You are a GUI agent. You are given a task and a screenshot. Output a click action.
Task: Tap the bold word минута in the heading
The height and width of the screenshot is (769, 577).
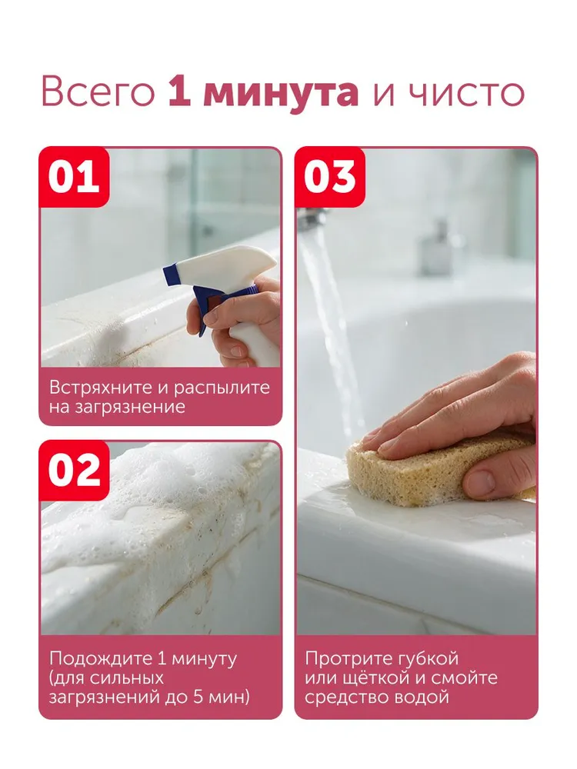pos(281,93)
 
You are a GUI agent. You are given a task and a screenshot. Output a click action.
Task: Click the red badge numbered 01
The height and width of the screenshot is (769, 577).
pos(74,177)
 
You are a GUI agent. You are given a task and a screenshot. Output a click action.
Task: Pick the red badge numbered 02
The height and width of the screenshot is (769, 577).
pos(74,471)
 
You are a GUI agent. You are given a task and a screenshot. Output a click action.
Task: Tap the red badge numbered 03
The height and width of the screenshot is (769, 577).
pos(330,177)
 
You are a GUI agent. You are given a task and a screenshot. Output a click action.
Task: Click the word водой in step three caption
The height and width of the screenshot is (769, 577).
pos(425,697)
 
